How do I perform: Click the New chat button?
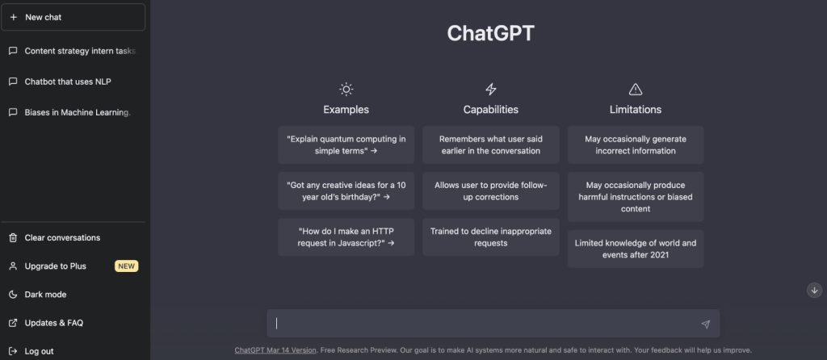point(73,17)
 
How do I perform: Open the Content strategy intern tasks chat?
point(79,51)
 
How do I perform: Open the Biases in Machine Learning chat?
point(77,112)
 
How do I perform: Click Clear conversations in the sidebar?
point(62,237)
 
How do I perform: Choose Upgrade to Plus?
point(55,266)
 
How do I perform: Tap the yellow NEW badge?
point(127,266)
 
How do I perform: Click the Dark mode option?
point(45,295)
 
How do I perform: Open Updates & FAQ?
point(53,323)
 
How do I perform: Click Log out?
point(39,351)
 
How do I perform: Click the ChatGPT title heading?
point(490,33)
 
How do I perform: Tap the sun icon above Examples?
point(346,90)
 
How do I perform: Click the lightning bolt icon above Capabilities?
point(490,90)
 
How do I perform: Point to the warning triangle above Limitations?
point(635,90)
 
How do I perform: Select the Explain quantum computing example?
point(346,144)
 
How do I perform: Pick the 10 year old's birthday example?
point(346,190)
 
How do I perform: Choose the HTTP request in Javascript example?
point(346,237)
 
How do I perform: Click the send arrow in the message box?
point(705,324)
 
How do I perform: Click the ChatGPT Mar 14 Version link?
point(275,350)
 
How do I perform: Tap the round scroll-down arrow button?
point(814,290)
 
